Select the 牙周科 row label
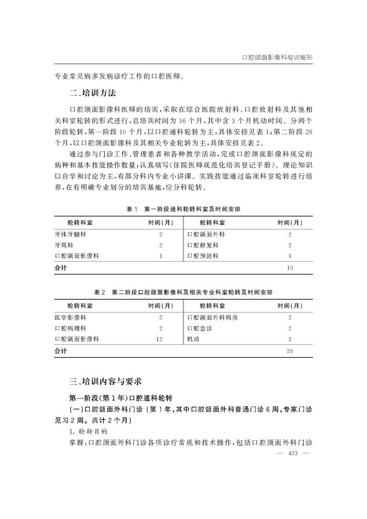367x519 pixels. point(64,245)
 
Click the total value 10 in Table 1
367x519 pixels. point(289,268)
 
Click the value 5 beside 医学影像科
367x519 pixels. point(161,317)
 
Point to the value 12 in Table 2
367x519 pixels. point(160,339)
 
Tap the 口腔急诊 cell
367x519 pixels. point(200,328)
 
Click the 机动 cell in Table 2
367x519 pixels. point(193,339)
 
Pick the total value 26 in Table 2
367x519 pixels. point(289,351)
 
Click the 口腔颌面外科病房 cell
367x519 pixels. point(212,317)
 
